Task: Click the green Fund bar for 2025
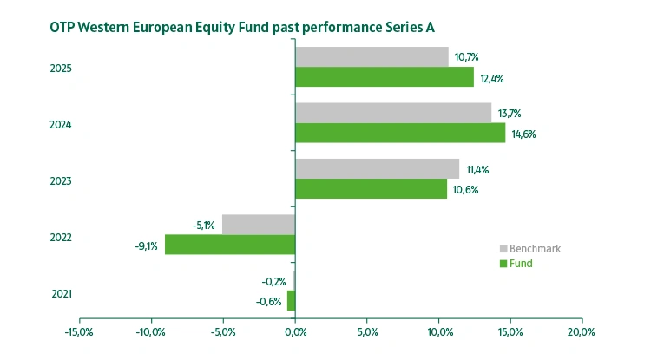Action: (385, 77)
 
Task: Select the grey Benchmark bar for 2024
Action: (393, 113)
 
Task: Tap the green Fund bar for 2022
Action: (230, 245)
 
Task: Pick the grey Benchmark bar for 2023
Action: (377, 168)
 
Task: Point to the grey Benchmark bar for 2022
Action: (259, 224)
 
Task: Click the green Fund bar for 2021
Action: (292, 300)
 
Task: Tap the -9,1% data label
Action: (147, 245)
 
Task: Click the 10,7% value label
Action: (466, 57)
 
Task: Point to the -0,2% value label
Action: (274, 281)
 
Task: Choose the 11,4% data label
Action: (477, 169)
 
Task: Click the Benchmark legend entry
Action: (534, 248)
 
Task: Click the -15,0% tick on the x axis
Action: (80, 331)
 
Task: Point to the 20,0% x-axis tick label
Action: (581, 331)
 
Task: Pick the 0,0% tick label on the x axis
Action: (295, 331)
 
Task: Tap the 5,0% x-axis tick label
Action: (366, 331)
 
